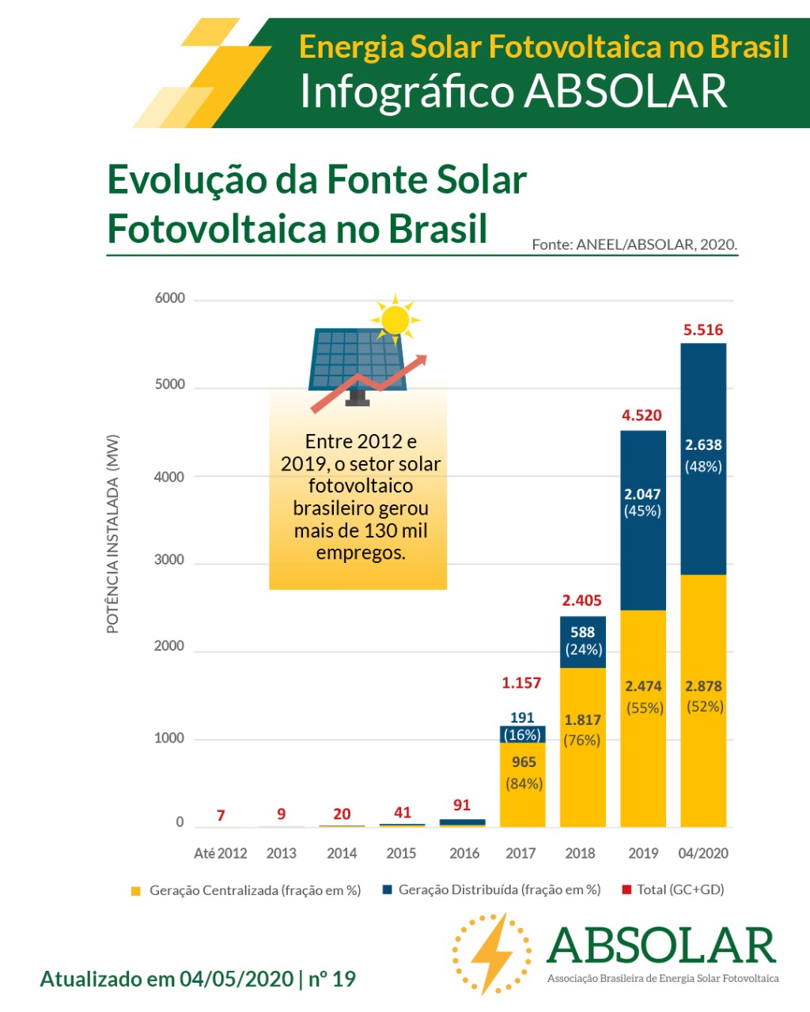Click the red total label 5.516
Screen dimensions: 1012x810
[703, 330]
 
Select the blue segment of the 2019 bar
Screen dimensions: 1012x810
[643, 546]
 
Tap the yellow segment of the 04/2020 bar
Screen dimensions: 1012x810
[703, 759]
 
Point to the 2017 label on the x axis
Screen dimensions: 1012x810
[520, 853]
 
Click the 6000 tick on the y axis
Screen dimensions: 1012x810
[169, 298]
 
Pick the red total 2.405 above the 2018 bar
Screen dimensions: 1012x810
[582, 600]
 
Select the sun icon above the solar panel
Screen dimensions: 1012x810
[394, 319]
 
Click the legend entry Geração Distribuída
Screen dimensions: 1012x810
[499, 889]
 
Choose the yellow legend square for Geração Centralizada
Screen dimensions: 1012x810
[136, 891]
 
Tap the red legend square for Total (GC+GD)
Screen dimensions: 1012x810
[626, 889]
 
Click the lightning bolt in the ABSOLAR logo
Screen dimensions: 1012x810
[490, 953]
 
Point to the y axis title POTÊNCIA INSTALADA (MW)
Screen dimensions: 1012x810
[113, 534]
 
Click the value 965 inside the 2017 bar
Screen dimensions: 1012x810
[524, 762]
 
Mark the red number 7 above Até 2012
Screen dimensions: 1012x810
[221, 815]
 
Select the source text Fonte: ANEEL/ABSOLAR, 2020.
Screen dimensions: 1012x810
[634, 244]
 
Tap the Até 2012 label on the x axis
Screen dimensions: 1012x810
[221, 853]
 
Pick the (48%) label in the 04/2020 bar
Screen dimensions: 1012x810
[703, 466]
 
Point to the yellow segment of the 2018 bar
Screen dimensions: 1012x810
[583, 783]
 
